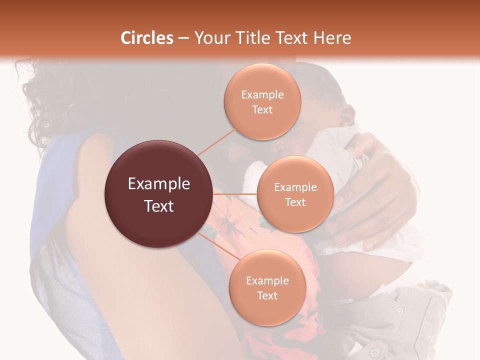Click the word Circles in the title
147,38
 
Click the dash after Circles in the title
183,38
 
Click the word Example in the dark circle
159,184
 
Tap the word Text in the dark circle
159,206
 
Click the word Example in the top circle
262,95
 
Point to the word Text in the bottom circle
267,295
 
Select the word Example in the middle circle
295,187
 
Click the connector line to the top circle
217,141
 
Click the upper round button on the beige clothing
399,311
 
